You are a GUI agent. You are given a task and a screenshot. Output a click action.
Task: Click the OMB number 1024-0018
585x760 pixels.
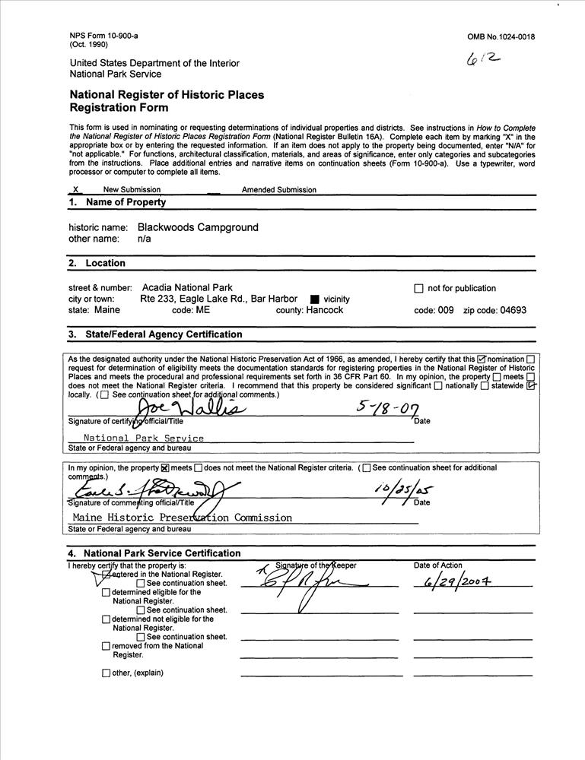click(507, 36)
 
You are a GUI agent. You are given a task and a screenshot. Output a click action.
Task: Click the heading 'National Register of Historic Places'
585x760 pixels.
click(167, 95)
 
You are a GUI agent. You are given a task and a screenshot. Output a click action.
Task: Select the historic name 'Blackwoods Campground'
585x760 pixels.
click(198, 227)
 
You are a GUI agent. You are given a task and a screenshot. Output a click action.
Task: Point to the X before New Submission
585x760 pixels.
click(75, 190)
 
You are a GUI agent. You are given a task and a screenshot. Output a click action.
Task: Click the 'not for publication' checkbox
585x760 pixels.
click(418, 289)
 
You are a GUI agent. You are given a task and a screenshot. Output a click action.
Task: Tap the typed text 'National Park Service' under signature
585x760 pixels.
click(144, 439)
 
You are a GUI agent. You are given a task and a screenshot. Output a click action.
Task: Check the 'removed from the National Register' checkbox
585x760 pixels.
click(106, 647)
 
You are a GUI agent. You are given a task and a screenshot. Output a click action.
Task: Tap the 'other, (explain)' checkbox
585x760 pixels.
click(106, 673)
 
